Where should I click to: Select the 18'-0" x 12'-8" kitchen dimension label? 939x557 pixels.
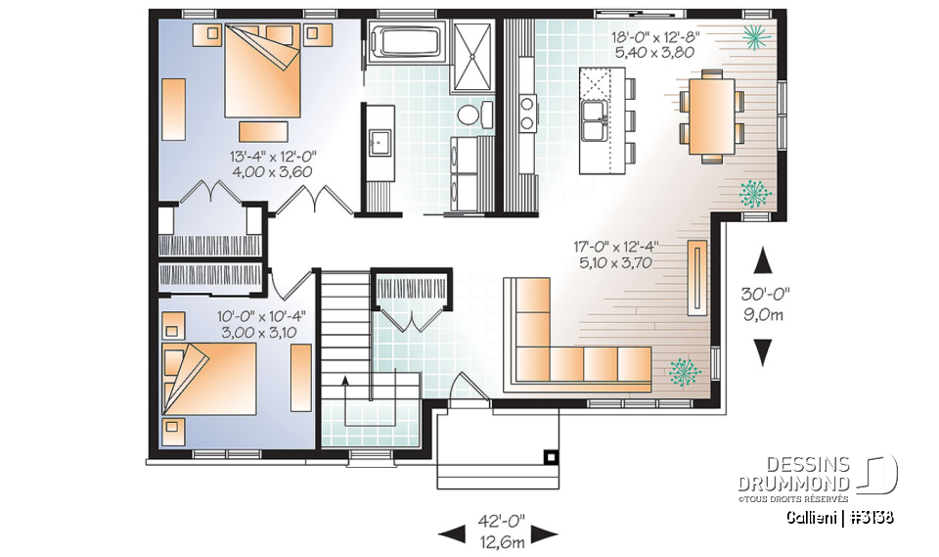click(655, 44)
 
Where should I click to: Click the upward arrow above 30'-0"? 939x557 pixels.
click(764, 261)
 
